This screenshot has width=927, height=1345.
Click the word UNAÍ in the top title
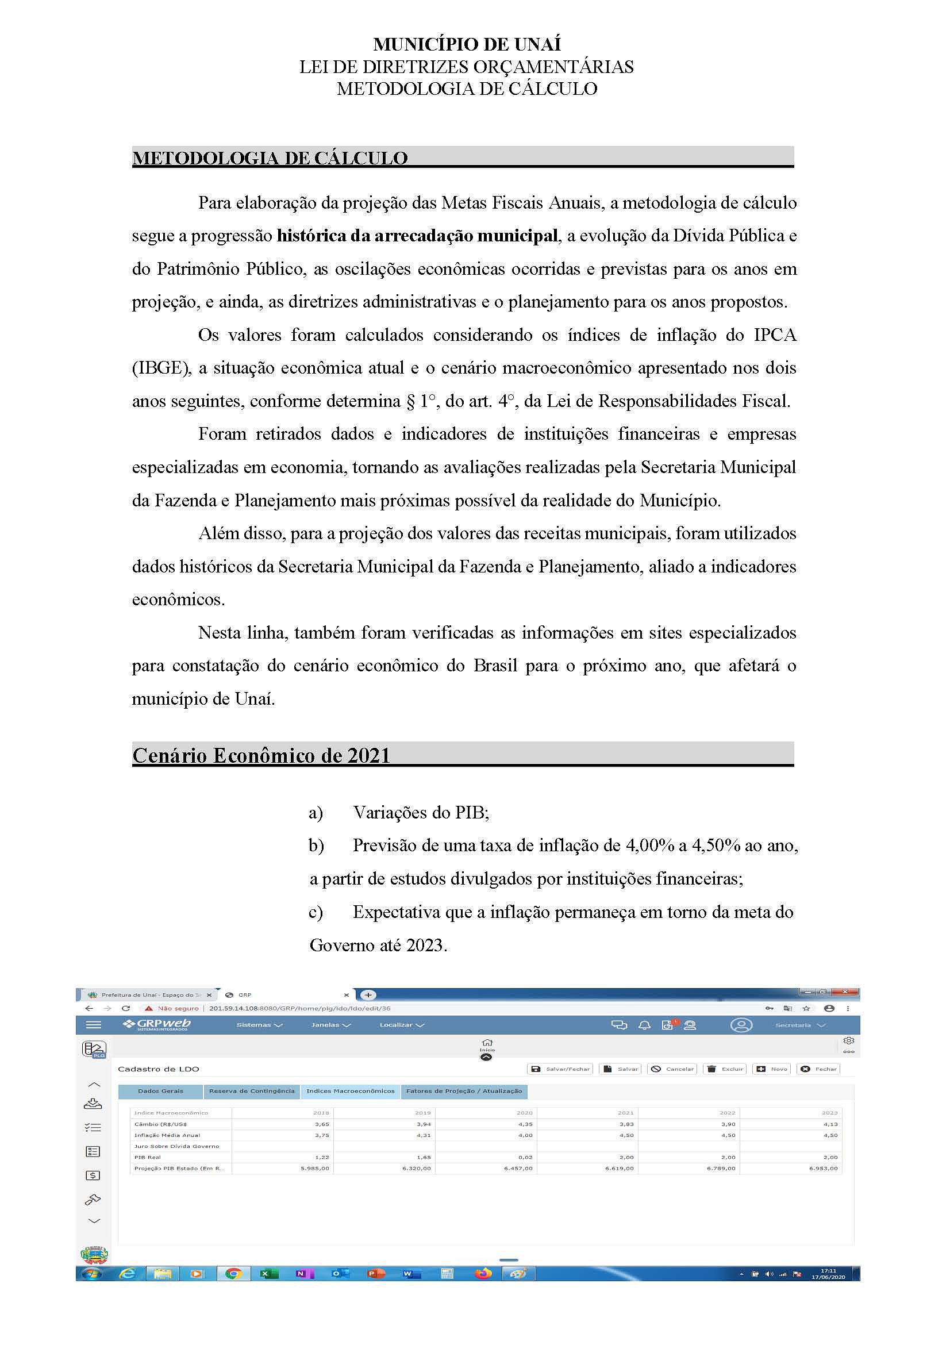[534, 44]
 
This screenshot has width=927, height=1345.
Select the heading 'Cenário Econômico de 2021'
[261, 755]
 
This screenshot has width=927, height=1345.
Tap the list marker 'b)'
[316, 846]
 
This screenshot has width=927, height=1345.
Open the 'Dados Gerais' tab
[160, 1091]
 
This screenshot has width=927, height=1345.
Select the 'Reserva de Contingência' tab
[252, 1091]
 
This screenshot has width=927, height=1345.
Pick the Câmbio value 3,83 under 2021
[626, 1124]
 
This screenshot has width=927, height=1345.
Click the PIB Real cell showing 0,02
[525, 1158]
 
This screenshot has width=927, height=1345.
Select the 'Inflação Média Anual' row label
[167, 1135]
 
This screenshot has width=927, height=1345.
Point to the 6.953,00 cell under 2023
[823, 1169]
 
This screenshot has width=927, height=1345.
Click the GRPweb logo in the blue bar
[157, 1024]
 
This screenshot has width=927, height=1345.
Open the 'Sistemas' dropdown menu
[259, 1025]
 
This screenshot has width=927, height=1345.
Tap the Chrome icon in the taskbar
[233, 1274]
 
